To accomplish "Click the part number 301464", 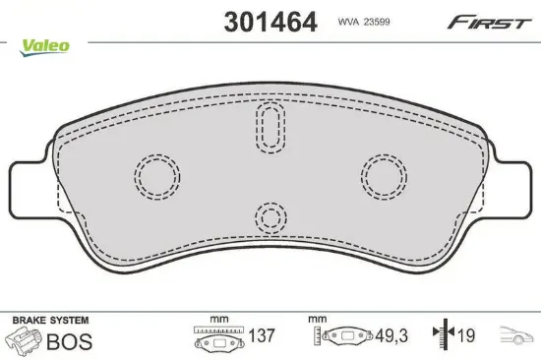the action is (x=270, y=22).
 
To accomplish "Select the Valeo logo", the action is (x=44, y=47).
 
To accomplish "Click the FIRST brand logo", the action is (x=489, y=23).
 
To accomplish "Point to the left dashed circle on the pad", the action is (x=136, y=177).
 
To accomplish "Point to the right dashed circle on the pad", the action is (x=362, y=177).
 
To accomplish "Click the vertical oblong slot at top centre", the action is (x=257, y=128).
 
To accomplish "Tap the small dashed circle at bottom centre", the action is (x=256, y=218).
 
